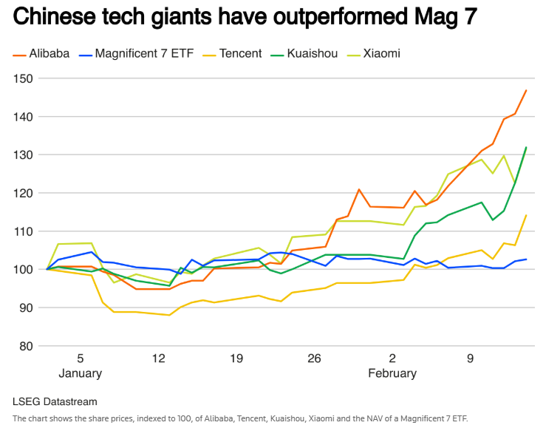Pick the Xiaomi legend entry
coord(380,54)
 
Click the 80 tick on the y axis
coord(27,346)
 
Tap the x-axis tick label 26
coord(315,359)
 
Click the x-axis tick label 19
coord(236,359)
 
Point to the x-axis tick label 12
coord(159,359)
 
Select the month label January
coord(80,373)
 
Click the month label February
coord(392,373)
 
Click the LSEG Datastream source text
coord(55,401)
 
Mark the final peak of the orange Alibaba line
coord(526,90)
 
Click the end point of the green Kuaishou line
coord(526,147)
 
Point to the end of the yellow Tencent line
coord(526,215)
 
